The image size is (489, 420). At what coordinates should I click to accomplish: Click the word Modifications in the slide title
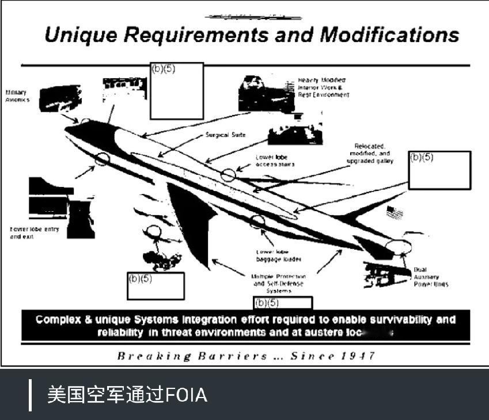[389, 35]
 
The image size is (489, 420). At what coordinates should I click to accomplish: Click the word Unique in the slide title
[82, 35]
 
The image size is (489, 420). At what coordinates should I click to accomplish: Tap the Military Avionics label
[17, 96]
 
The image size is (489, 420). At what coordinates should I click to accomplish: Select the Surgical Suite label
[225, 135]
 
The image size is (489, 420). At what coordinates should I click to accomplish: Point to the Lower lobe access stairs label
[275, 161]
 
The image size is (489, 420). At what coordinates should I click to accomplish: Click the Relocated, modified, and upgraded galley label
[370, 154]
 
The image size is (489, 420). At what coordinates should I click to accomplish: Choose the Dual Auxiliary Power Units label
[430, 277]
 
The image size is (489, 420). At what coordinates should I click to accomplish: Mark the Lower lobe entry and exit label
[34, 233]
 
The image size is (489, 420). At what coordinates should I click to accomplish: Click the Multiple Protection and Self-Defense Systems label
[279, 284]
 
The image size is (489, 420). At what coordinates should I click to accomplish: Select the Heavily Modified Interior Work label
[323, 87]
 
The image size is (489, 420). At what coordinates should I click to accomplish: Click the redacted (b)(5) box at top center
[177, 91]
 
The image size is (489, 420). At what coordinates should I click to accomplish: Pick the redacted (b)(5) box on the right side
[439, 170]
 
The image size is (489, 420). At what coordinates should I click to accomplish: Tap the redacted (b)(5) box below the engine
[156, 286]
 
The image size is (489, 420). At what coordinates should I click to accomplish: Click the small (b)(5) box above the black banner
[283, 303]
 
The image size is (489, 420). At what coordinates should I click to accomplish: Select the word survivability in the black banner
[391, 320]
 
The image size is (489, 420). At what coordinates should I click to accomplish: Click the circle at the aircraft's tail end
[399, 247]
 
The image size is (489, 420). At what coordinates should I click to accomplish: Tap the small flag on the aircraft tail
[395, 211]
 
